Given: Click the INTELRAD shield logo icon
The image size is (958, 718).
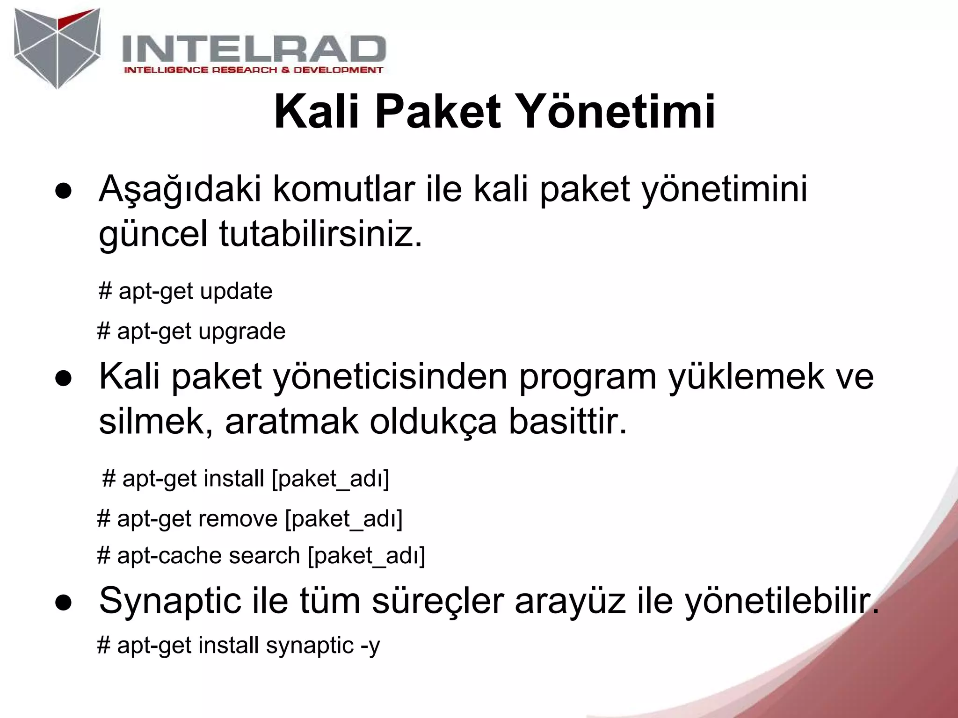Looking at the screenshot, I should (x=58, y=48).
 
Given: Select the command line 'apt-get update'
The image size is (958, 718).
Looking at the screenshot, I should (x=186, y=291).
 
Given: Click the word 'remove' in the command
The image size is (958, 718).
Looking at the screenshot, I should (x=238, y=518).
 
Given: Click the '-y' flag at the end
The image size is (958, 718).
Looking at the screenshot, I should (x=370, y=646).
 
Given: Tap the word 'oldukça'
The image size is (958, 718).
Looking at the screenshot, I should (x=433, y=422).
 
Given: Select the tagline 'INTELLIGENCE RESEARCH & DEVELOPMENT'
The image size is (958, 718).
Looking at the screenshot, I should (x=253, y=70).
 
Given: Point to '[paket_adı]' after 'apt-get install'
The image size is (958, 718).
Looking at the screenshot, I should (x=330, y=479).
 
